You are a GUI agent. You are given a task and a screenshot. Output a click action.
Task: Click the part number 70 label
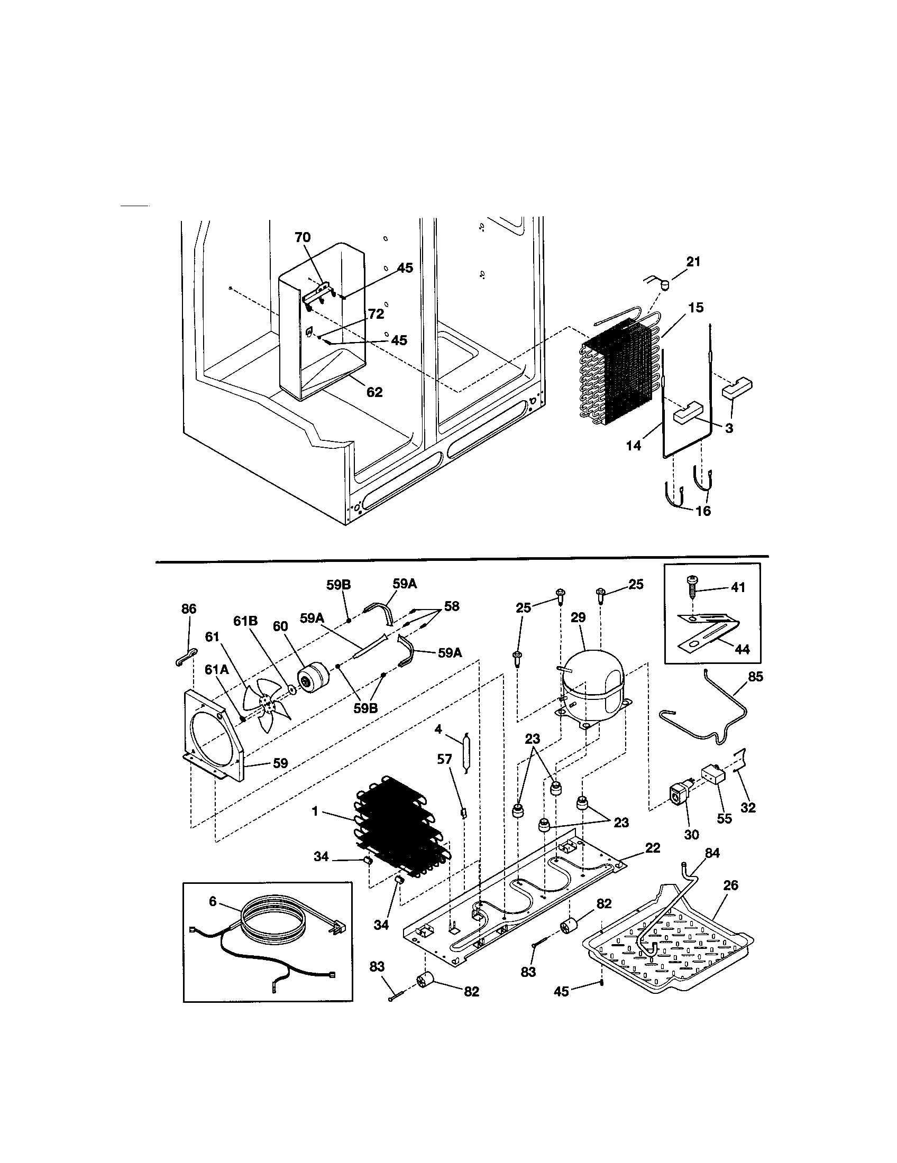[303, 237]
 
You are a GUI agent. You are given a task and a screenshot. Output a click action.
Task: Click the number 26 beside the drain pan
[731, 885]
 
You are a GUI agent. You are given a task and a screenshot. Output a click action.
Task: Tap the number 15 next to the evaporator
[695, 307]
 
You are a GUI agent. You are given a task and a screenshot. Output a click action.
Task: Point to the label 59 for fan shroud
[280, 763]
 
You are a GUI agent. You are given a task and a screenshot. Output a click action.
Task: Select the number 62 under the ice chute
[374, 392]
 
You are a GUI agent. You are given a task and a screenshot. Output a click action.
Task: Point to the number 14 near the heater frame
[633, 445]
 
